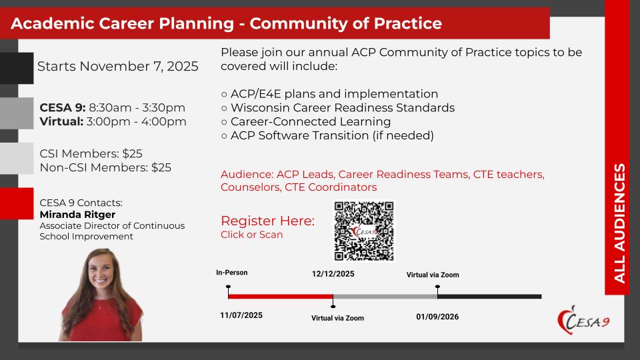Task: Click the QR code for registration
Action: tap(364, 231)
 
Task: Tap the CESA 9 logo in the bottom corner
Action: tap(584, 321)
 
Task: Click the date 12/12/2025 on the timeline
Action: tap(333, 274)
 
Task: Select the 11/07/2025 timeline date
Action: tap(241, 315)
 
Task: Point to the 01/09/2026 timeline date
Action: tap(437, 317)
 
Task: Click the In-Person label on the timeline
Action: tap(232, 273)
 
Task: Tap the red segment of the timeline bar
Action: tap(281, 296)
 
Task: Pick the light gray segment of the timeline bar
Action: tap(385, 296)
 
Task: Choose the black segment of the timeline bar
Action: tap(489, 296)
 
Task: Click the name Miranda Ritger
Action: tap(77, 215)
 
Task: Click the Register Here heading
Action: tap(268, 221)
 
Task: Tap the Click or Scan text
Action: tap(252, 235)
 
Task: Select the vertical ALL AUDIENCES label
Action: tap(619, 223)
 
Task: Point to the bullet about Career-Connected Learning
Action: tap(306, 121)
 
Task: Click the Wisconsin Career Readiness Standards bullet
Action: tap(338, 108)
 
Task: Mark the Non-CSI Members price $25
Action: tap(161, 168)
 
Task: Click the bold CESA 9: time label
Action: tap(63, 108)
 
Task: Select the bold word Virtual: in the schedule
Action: tap(61, 121)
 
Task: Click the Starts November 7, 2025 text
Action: tap(118, 67)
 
